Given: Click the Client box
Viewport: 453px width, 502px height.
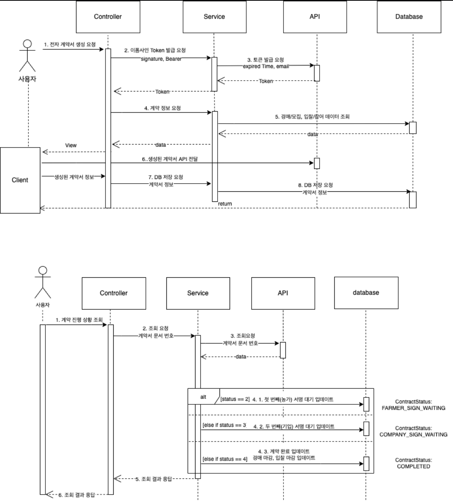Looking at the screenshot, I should [x=20, y=180].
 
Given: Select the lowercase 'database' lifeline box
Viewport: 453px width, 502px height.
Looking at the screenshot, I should [x=366, y=293].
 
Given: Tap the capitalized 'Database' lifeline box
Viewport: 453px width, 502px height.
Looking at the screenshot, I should [x=409, y=17].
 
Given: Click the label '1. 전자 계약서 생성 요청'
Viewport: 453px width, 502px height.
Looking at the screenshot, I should [x=69, y=45].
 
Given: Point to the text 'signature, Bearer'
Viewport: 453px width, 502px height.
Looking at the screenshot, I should [x=161, y=59].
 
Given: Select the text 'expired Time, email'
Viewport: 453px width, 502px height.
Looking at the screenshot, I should [x=266, y=66].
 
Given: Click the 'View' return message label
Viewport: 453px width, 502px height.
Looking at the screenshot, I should [x=71, y=145].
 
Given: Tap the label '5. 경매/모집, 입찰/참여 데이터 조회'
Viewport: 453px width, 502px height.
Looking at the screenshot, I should [x=312, y=116].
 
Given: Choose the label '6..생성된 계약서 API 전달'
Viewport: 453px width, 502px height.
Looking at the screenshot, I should [x=169, y=159].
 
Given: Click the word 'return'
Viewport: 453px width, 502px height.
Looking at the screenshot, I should [x=225, y=203].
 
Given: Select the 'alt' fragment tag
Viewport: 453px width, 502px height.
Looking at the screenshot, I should [x=203, y=397].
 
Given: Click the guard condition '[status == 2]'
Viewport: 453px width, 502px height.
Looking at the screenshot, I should [x=235, y=399].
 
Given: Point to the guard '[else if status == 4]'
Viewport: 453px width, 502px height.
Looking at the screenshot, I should [x=225, y=459].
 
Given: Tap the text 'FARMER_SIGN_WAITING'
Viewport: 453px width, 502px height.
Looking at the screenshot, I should [x=413, y=408].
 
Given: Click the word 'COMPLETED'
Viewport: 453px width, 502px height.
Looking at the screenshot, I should [x=413, y=466].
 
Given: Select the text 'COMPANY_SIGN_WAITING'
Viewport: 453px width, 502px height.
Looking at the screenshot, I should [x=413, y=434].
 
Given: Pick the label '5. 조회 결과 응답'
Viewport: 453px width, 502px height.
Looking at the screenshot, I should [x=153, y=479].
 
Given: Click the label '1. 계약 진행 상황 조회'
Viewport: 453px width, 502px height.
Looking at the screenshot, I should [x=79, y=320].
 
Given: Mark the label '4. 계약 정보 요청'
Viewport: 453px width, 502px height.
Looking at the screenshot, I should [x=162, y=108].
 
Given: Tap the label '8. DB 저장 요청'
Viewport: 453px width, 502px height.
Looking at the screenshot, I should [x=315, y=185].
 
